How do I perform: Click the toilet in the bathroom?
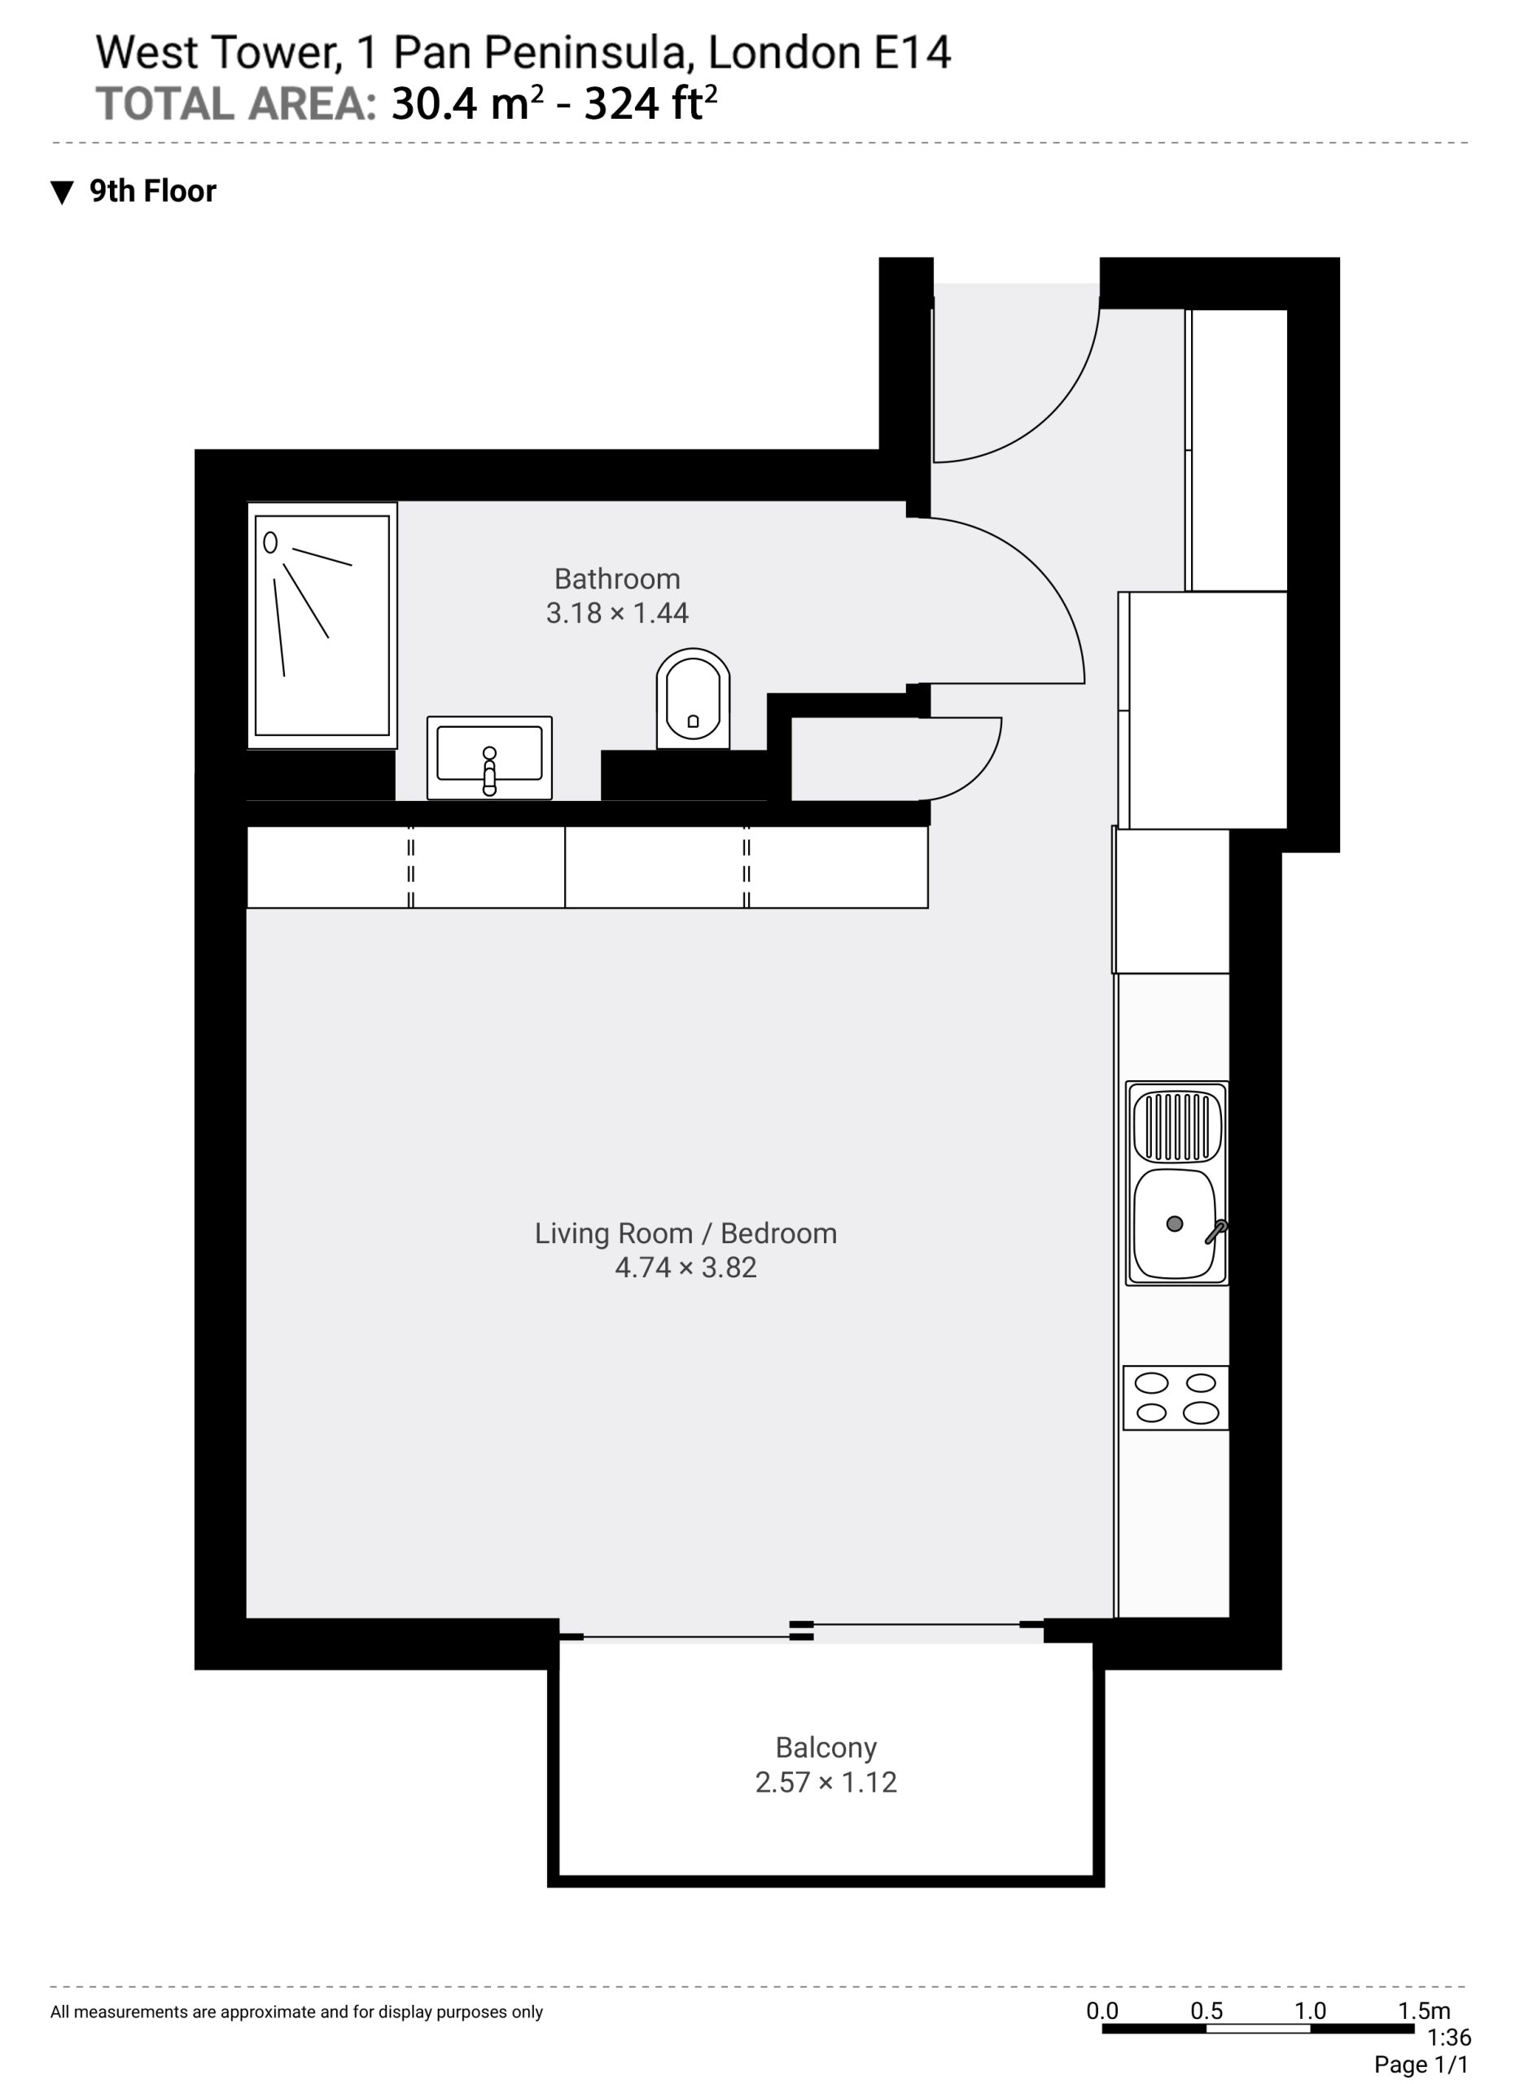(x=693, y=698)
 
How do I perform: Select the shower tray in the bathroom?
(x=322, y=625)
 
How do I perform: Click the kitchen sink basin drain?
(x=1175, y=1224)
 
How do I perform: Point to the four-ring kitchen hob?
(x=1176, y=1398)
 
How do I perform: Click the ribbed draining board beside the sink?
(x=1177, y=1126)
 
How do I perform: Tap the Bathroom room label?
(x=617, y=580)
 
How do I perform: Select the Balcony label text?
(x=825, y=1747)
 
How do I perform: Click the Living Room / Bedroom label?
(x=685, y=1233)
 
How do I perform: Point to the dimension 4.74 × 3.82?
(x=685, y=1267)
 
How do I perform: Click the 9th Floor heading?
(x=153, y=191)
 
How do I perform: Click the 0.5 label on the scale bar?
(x=1206, y=2010)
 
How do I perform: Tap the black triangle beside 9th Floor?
(x=62, y=192)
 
